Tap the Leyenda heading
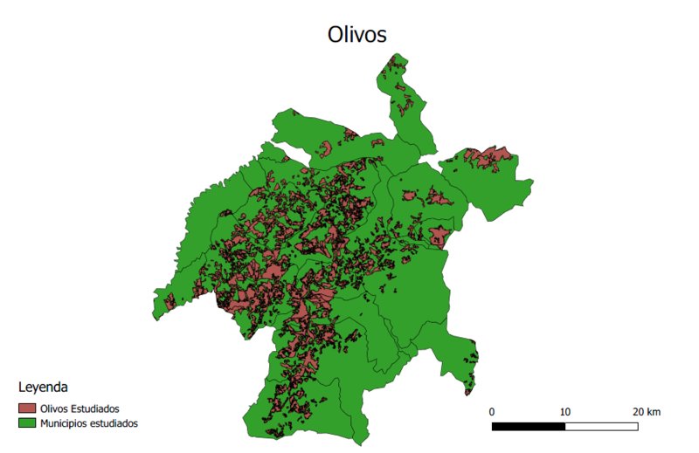point(43,386)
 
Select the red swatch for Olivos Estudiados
point(27,408)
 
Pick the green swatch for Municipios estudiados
point(27,423)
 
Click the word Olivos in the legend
point(54,408)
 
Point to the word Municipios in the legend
point(66,423)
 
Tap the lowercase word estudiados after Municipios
point(115,423)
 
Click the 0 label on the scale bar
point(492,411)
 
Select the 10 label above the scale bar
point(565,411)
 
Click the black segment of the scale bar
point(529,427)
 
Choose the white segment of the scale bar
point(601,427)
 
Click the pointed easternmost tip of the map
point(532,181)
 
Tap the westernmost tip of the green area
point(153,307)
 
